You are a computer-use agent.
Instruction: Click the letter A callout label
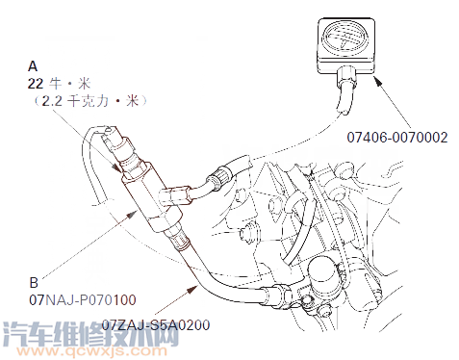point(34,66)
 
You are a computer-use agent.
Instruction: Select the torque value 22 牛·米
point(57,83)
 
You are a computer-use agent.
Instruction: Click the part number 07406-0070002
point(397,138)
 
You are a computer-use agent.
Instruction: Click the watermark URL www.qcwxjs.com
point(125,352)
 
